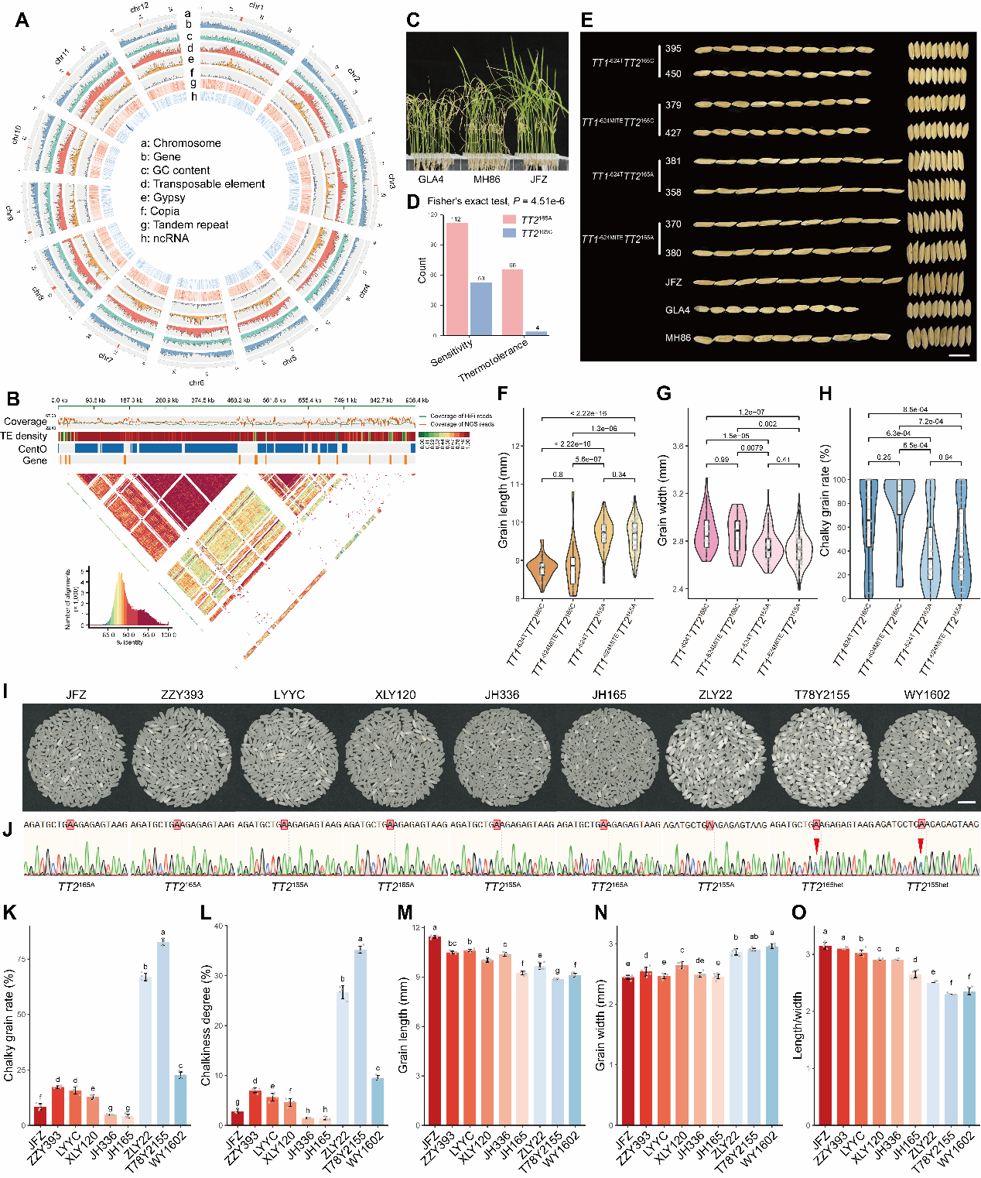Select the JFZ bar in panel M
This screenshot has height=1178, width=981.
coord(434,1030)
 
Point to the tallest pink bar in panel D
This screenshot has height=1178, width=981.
coord(456,279)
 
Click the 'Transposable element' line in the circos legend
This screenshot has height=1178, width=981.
coord(203,184)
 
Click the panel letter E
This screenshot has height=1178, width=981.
coord(587,20)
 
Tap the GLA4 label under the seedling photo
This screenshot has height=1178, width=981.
coord(431,180)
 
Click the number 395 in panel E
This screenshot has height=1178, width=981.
coord(673,49)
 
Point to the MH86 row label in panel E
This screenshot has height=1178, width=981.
coord(678,338)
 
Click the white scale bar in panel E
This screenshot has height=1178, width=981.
coord(959,356)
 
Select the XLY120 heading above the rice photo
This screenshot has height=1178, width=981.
coord(395,695)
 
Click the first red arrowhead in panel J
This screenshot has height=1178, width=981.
coord(815,844)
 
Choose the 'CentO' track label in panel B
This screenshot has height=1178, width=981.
coord(32,449)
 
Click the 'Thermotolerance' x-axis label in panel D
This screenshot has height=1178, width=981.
coord(494,361)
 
